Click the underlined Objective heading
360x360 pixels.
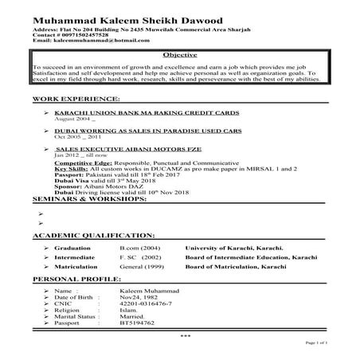pos(179,55)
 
